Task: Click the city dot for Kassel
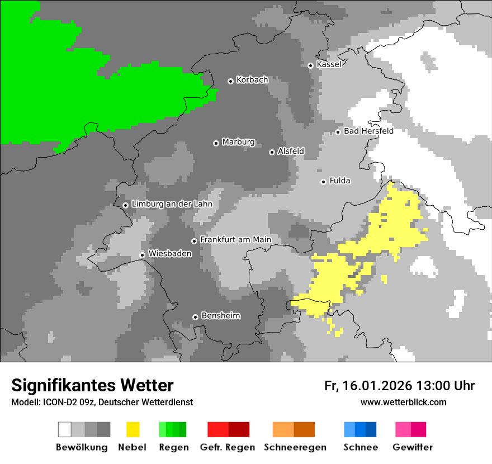pyautogui.click(x=311, y=65)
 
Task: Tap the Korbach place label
pyautogui.click(x=252, y=80)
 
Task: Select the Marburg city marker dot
pyautogui.click(x=216, y=143)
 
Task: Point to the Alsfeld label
pyautogui.click(x=291, y=151)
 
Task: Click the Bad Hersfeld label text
pyautogui.click(x=368, y=131)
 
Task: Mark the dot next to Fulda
pyautogui.click(x=323, y=182)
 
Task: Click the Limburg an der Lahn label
pyautogui.click(x=172, y=204)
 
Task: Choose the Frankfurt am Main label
pyautogui.click(x=235, y=240)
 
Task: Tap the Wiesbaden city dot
pyautogui.click(x=143, y=255)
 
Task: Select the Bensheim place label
pyautogui.click(x=220, y=316)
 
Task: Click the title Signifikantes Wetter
pyautogui.click(x=92, y=385)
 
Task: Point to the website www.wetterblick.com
pyautogui.click(x=403, y=402)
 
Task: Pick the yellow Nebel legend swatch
pyautogui.click(x=133, y=429)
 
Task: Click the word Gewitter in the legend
pyautogui.click(x=413, y=447)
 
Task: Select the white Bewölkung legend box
pyautogui.click(x=65, y=429)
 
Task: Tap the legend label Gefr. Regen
pyautogui.click(x=228, y=447)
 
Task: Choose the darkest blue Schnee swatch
pyautogui.click(x=371, y=429)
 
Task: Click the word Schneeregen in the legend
pyautogui.click(x=295, y=447)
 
